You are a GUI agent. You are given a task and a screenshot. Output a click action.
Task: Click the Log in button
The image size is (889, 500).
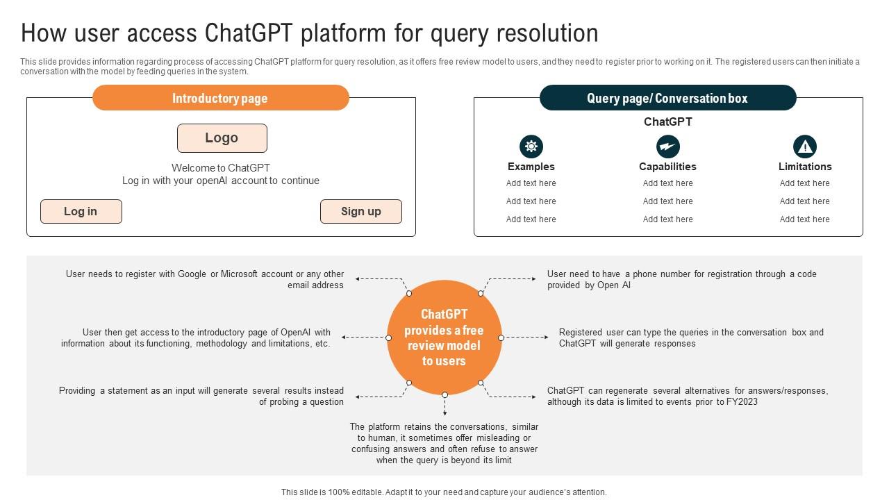(81, 212)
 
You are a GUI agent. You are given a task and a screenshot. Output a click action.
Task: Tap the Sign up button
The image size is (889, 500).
(360, 212)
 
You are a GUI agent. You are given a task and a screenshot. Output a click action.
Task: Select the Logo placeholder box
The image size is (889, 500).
(222, 138)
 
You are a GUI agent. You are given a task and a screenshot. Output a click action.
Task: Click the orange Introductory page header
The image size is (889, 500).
(220, 98)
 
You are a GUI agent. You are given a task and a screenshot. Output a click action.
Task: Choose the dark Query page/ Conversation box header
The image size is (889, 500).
(667, 98)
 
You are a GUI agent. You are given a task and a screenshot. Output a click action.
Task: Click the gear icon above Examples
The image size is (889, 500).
(531, 147)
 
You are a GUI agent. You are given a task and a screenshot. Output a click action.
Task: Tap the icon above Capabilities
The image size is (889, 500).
(667, 147)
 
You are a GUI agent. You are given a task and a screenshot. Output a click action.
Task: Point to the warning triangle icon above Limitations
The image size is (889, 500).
(804, 147)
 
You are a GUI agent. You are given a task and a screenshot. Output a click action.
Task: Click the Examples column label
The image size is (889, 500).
(531, 167)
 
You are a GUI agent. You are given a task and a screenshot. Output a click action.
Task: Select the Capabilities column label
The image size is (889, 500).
(667, 167)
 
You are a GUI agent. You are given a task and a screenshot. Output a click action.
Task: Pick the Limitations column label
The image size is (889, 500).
(804, 167)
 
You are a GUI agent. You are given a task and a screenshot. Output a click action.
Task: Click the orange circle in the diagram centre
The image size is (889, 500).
(444, 337)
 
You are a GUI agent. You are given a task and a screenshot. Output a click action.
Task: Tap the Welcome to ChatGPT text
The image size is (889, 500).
(221, 168)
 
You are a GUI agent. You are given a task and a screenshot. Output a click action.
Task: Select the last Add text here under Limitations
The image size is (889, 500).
(804, 219)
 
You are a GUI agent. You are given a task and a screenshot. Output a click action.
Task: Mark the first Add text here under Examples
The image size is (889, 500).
(531, 183)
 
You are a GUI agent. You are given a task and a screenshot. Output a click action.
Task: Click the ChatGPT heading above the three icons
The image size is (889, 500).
(667, 122)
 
